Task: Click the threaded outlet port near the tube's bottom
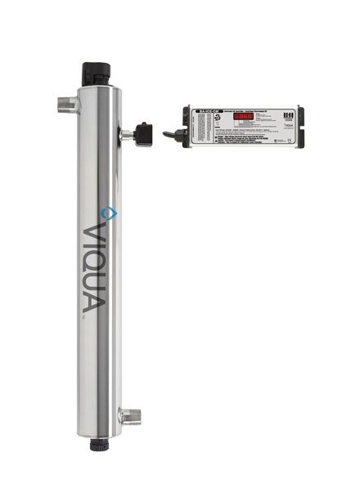click(x=126, y=417)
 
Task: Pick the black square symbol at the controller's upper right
click(x=290, y=114)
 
